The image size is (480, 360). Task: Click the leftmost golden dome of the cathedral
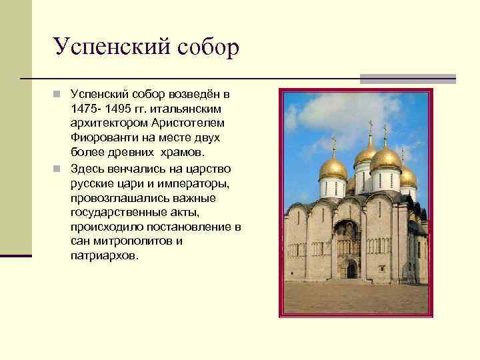(x=333, y=167)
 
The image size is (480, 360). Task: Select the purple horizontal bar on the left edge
(x=15, y=255)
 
